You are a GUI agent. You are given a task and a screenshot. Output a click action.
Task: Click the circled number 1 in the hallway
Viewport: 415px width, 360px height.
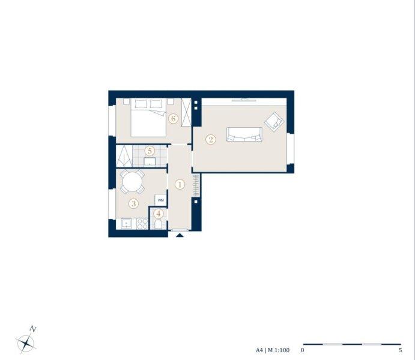click(x=180, y=184)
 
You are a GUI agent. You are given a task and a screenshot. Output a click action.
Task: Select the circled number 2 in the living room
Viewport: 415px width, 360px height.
click(x=211, y=139)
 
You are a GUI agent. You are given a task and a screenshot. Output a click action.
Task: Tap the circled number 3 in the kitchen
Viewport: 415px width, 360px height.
click(x=134, y=203)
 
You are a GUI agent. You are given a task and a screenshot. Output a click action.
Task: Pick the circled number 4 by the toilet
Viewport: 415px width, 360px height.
click(x=159, y=214)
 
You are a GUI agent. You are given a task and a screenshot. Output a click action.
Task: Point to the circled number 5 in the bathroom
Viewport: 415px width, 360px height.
click(x=150, y=151)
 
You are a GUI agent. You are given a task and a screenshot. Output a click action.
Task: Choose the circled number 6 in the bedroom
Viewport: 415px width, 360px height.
click(x=174, y=118)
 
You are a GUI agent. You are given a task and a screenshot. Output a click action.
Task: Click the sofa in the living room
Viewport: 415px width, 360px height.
click(x=244, y=134)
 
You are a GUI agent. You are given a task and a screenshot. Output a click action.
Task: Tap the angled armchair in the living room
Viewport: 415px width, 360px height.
click(x=274, y=121)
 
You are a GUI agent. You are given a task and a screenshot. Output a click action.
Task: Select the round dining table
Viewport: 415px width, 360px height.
click(x=132, y=181)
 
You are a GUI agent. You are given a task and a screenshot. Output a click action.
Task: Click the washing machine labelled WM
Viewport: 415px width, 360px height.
click(x=160, y=200)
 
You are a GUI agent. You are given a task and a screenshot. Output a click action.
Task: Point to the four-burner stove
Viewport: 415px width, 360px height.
click(x=142, y=224)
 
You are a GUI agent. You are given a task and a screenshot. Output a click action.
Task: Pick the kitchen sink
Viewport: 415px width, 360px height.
click(x=127, y=224)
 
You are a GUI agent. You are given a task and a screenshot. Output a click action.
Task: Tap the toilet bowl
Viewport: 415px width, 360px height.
click(x=159, y=224)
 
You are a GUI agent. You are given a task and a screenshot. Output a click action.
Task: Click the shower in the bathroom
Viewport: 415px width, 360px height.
click(x=124, y=156)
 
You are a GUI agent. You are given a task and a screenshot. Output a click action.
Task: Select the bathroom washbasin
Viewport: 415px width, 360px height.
click(x=150, y=162)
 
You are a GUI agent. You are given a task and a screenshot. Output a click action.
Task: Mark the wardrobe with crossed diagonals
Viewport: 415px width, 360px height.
click(x=186, y=112)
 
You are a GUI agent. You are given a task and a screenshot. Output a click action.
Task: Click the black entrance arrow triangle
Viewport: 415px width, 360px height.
click(x=180, y=235)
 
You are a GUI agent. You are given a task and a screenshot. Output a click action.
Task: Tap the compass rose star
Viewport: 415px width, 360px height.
click(x=26, y=343)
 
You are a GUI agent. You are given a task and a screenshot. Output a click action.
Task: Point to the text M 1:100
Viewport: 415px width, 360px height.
click(x=279, y=350)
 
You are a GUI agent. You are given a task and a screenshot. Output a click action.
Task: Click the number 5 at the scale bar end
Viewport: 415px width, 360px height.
click(x=401, y=350)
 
